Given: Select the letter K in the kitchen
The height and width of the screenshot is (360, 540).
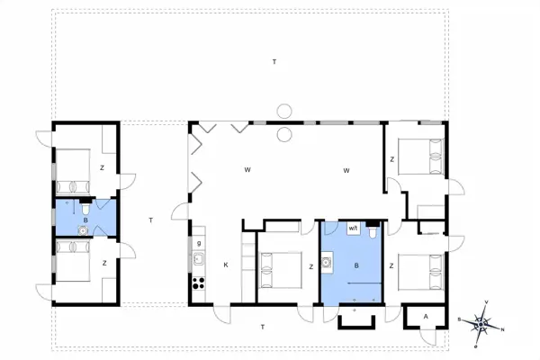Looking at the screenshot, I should (225, 265).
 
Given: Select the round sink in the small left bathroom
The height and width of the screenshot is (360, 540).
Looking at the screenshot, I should (84, 229).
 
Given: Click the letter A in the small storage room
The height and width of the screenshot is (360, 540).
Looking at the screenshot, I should (418, 317).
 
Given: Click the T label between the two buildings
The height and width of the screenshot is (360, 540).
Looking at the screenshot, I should (151, 220).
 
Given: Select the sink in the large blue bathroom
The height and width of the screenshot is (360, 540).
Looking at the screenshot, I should (328, 264).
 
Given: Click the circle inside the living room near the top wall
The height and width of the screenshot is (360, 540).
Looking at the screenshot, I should (284, 134).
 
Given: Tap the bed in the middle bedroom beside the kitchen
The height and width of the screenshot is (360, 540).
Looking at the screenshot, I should (280, 267).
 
